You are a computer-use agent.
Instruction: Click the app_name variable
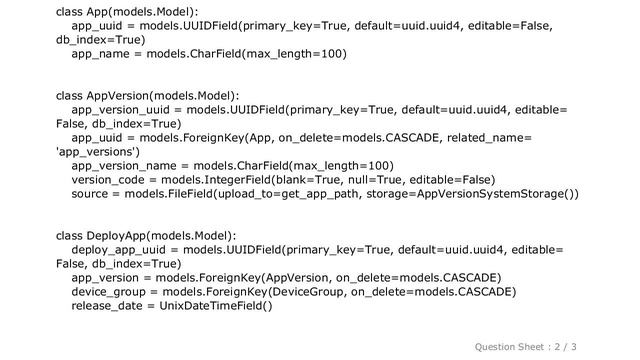[x=100, y=54]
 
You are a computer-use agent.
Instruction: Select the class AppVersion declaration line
[x=148, y=96]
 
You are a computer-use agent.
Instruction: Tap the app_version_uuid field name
[x=120, y=110]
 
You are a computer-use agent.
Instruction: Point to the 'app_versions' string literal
[x=98, y=152]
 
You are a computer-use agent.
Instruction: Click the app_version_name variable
[x=124, y=166]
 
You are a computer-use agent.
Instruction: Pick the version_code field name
[x=108, y=180]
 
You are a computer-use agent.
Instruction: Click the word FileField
[x=191, y=194]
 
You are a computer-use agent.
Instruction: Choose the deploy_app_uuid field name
[x=119, y=250]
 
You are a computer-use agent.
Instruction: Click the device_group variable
[x=109, y=292]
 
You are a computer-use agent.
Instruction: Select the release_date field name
[x=107, y=306]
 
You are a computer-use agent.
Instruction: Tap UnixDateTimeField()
[x=216, y=306]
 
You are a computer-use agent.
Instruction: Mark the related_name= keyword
[x=489, y=138]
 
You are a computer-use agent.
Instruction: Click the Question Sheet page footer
[x=525, y=347]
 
